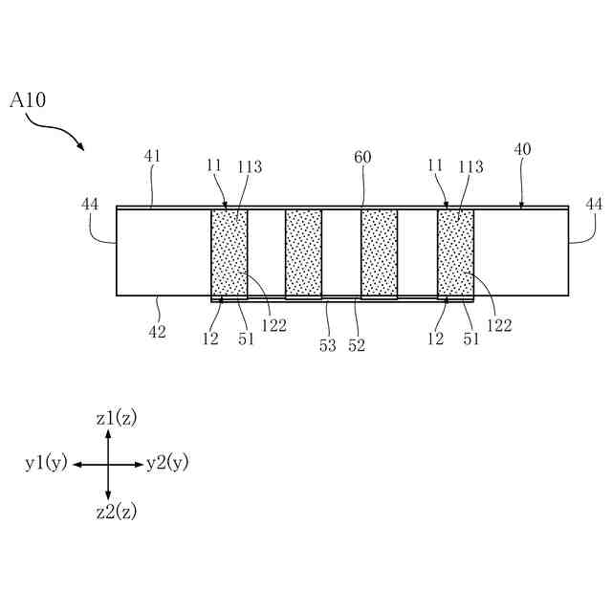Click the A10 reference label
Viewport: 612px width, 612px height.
coord(27,99)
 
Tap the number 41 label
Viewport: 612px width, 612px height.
coord(153,156)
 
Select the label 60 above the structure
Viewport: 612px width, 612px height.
coord(362,156)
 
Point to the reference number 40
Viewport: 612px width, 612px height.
coord(522,149)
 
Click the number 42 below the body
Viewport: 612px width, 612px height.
coord(156,332)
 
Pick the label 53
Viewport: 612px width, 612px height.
coord(328,345)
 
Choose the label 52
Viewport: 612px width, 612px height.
coord(357,345)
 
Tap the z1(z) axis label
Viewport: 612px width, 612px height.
coord(117,418)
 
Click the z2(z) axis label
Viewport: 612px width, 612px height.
coord(117,512)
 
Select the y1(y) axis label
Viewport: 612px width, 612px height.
coord(46,464)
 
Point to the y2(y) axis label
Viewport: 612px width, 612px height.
coord(167,464)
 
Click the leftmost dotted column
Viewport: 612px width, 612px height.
coord(229,253)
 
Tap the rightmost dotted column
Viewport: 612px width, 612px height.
coord(455,253)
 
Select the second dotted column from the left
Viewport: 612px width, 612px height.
coord(303,253)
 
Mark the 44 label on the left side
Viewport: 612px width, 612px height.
coord(90,204)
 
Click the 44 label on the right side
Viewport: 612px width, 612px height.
coord(594,204)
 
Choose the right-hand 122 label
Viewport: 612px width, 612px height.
coord(499,325)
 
